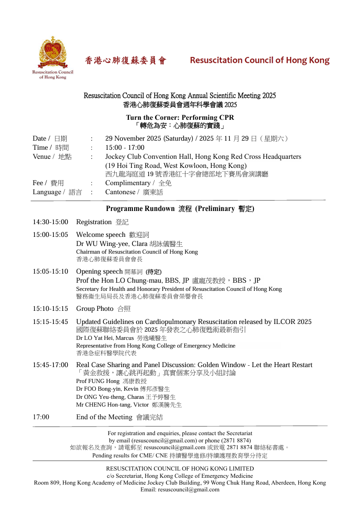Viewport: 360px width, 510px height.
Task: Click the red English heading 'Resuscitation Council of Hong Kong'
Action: [259, 60]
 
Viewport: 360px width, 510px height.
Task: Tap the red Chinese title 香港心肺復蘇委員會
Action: [126, 61]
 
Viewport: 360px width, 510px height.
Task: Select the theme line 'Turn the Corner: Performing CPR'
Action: [180, 118]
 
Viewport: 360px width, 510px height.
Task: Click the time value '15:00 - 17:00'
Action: [125, 147]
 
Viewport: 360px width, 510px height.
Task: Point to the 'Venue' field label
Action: [42, 157]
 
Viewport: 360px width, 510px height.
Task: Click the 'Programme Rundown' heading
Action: [140, 209]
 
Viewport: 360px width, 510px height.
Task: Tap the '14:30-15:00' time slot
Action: [50, 222]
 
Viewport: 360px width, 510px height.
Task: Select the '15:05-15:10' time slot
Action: [50, 271]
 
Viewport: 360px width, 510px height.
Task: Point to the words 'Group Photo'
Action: [95, 309]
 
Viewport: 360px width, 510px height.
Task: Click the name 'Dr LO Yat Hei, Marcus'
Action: [105, 338]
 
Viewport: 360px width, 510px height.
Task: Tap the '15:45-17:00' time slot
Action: [50, 365]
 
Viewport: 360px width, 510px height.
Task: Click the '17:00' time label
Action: [41, 417]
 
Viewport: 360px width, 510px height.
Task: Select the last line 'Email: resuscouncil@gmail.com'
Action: [180, 490]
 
